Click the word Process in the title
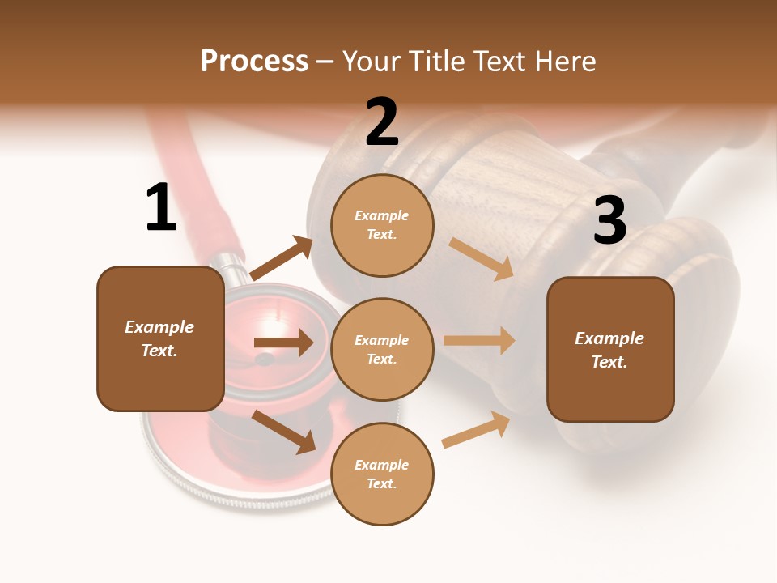point(254,62)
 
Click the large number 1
point(161,208)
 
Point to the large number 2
point(382,122)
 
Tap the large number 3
point(609,220)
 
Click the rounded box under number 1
point(160,338)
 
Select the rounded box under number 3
point(610,350)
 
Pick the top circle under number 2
point(382,225)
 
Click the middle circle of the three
point(382,350)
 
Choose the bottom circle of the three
point(382,474)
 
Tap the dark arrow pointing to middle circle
point(283,343)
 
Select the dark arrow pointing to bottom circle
point(283,431)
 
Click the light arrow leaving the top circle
point(481,258)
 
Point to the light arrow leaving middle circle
point(478,341)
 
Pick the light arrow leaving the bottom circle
point(476,430)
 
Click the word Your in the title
point(368,62)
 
